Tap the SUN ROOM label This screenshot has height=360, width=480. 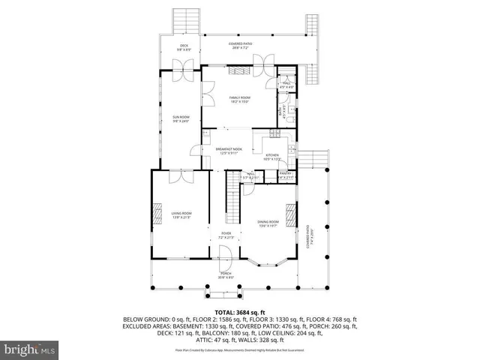[181, 117]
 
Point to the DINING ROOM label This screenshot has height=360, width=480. [268, 221]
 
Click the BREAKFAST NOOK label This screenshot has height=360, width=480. [229, 149]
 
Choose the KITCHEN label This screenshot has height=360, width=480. [271, 156]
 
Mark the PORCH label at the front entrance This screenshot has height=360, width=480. [226, 274]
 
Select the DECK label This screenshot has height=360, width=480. [184, 46]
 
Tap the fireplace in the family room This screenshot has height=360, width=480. [239, 70]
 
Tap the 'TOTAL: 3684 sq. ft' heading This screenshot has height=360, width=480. [239, 311]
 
